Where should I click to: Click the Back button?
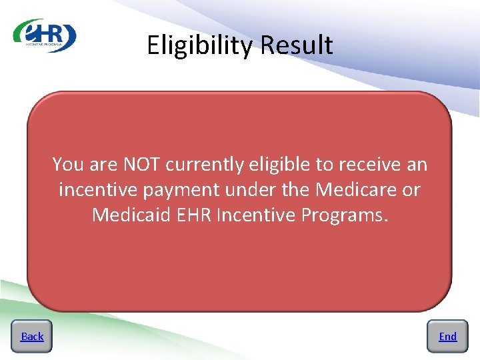32,337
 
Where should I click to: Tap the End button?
447,337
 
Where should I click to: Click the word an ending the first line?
417,164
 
